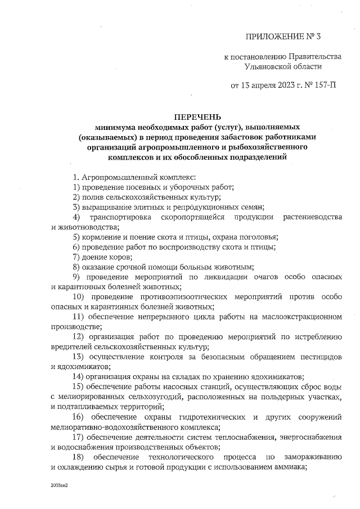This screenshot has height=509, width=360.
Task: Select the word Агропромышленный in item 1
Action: coord(116,177)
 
